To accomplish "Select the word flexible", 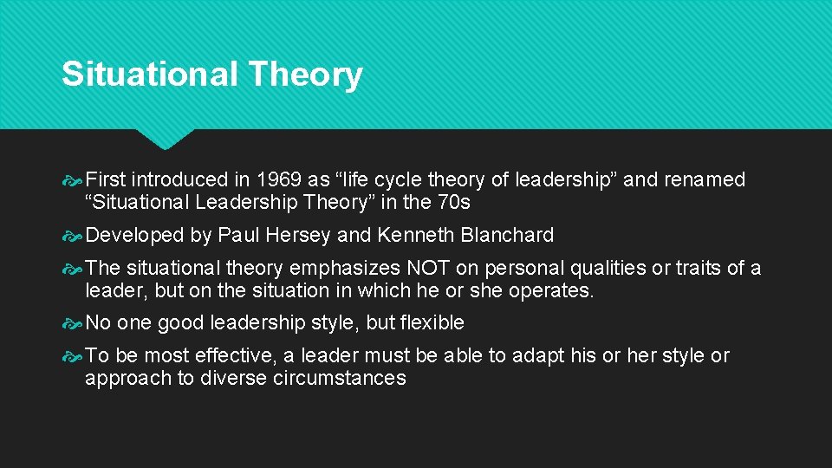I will tap(432, 323).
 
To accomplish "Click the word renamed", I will tap(705, 180).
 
